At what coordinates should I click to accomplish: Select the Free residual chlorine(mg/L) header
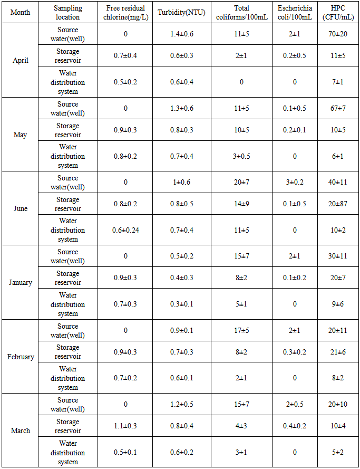click(125, 12)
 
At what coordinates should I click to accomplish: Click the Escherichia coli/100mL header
click(295, 12)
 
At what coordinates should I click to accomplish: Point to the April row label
click(21, 60)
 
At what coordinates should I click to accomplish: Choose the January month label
click(21, 282)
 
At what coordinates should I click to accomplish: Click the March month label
click(21, 430)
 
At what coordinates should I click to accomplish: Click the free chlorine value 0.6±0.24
click(125, 230)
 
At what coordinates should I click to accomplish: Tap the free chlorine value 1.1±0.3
click(125, 426)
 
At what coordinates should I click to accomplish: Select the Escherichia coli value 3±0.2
click(295, 182)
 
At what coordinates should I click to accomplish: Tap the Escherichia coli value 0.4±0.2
click(295, 426)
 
